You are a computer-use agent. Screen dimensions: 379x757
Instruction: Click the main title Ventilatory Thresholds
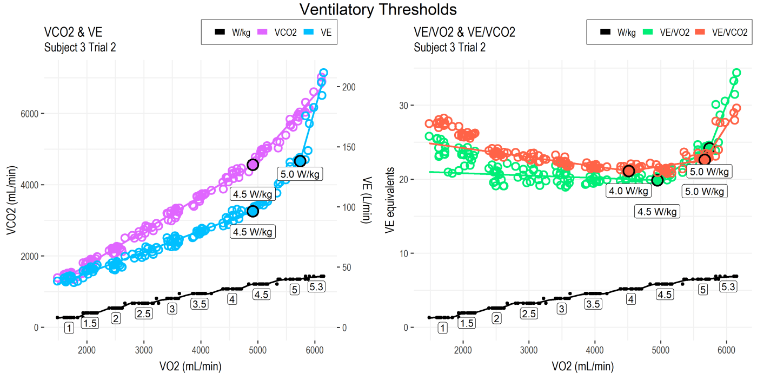(x=378, y=9)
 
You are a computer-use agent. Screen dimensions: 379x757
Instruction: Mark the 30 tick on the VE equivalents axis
(x=403, y=105)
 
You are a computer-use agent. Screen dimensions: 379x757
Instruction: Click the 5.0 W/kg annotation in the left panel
(x=300, y=174)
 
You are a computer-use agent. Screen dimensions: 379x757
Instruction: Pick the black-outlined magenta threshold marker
(x=253, y=165)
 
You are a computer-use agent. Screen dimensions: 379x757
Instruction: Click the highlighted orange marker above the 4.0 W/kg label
(x=628, y=171)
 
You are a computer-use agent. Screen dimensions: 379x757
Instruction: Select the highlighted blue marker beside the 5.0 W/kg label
(x=300, y=161)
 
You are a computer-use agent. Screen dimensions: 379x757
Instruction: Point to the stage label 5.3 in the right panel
(x=728, y=287)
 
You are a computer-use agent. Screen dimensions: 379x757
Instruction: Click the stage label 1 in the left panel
(x=69, y=328)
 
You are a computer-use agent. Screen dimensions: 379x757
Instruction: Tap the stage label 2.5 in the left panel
(x=144, y=313)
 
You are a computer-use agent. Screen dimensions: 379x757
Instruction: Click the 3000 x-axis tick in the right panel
(x=529, y=350)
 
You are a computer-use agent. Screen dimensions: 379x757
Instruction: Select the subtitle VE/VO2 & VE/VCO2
(x=464, y=32)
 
